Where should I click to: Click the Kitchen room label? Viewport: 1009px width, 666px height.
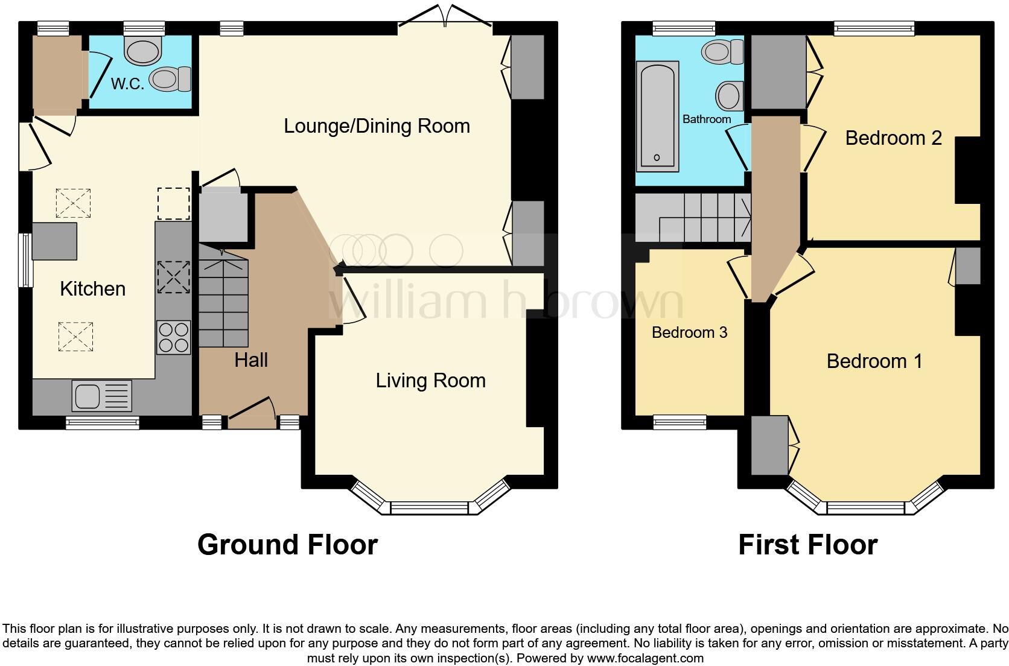[x=92, y=289]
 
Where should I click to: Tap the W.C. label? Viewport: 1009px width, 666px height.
[x=127, y=84]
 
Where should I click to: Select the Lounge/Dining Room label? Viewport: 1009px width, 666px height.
[x=377, y=126]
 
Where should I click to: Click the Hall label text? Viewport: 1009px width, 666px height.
[x=251, y=360]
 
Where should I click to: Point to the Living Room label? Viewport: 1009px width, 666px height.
[x=430, y=381]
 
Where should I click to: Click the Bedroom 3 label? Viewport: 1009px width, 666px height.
[x=689, y=332]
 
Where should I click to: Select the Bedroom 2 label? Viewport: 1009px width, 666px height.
[x=893, y=138]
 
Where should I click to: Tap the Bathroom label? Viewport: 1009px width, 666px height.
[x=706, y=119]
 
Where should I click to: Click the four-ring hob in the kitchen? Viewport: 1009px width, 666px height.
[x=173, y=337]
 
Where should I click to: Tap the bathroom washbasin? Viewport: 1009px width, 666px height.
[x=729, y=96]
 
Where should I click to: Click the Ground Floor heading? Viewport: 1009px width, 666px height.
[x=287, y=545]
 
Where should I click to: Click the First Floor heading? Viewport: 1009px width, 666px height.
[x=807, y=545]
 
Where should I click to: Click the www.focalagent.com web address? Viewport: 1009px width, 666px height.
[x=645, y=658]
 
